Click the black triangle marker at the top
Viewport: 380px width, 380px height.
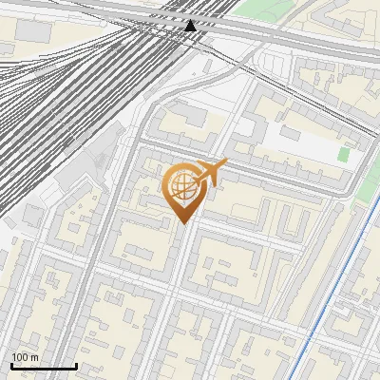coord(191,25)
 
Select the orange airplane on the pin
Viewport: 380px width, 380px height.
coord(211,172)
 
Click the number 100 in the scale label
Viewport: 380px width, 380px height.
coord(19,357)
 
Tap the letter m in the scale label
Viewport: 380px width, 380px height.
coord(34,357)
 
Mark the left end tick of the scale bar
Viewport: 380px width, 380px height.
coord(11,366)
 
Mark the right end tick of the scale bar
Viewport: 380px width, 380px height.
coord(76,366)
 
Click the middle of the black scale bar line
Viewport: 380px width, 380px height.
coord(44,367)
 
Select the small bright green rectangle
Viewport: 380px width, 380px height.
coord(343,154)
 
